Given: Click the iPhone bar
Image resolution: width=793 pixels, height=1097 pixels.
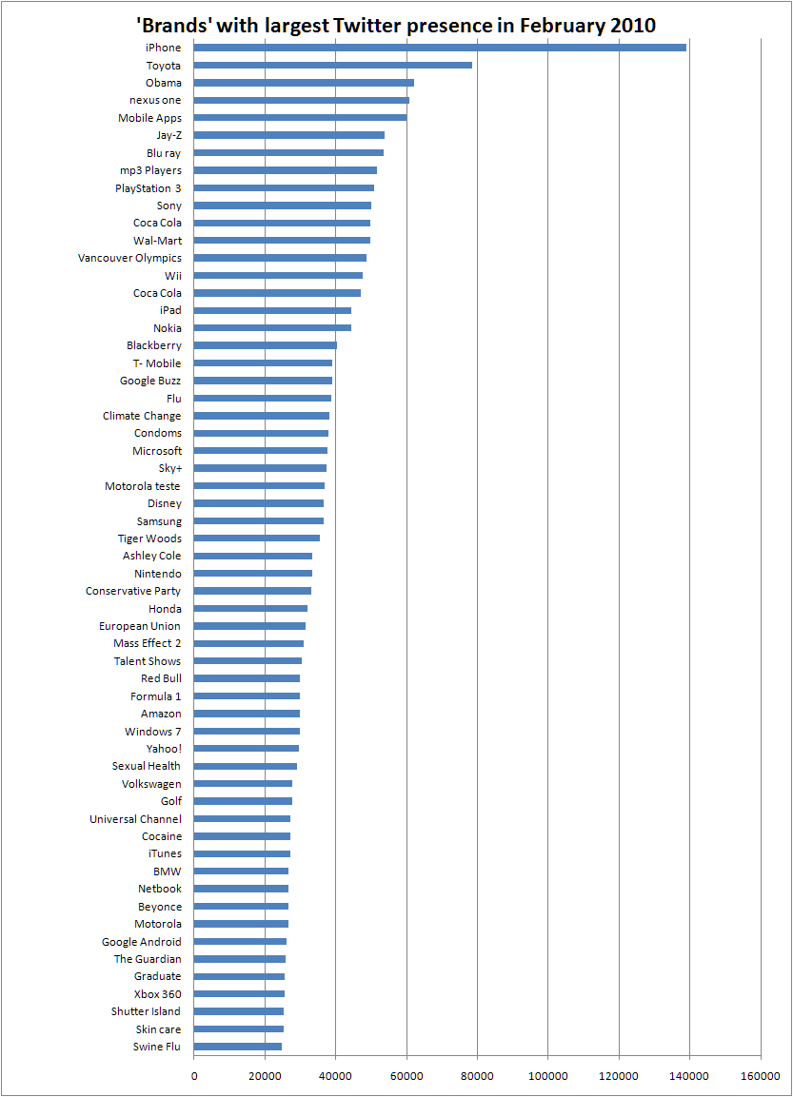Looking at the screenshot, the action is click(440, 48).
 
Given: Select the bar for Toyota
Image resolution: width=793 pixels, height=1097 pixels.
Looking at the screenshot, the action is click(332, 65).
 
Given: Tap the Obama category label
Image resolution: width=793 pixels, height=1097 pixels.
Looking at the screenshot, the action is click(163, 83).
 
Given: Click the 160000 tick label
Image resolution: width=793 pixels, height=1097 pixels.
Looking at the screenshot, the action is click(760, 1076).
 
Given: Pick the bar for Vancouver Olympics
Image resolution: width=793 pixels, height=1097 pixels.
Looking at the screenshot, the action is click(280, 258).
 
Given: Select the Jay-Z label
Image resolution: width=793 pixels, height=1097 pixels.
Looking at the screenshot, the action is click(169, 136).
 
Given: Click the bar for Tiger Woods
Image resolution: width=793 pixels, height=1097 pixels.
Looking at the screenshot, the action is click(257, 538).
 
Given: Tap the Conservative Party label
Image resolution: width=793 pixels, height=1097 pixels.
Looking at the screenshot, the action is click(133, 591).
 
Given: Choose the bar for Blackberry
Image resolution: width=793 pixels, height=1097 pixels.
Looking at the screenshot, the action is click(266, 345).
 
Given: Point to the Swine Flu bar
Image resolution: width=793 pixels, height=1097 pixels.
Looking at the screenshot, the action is click(238, 1047).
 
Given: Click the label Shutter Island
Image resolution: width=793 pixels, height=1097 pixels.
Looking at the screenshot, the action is click(146, 1011).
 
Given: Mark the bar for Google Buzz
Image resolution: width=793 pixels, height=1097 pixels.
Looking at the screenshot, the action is click(263, 381).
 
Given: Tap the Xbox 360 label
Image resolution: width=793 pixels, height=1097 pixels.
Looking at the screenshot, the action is click(157, 994).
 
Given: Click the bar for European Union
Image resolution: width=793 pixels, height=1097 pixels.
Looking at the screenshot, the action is click(249, 626).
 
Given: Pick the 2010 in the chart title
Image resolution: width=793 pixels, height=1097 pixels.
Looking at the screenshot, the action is click(633, 26).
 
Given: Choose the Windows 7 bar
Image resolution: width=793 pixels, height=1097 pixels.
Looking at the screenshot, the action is click(248, 731).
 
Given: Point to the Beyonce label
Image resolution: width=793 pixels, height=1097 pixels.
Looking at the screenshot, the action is click(160, 907).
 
